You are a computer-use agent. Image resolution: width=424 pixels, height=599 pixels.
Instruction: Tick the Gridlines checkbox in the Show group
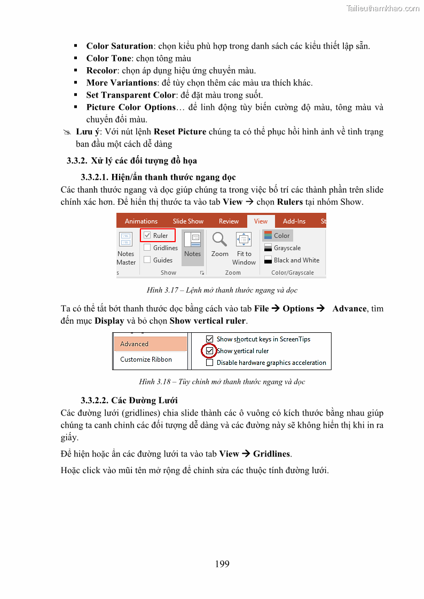pos(147,247)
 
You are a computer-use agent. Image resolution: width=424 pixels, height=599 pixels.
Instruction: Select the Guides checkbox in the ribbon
pos(147,260)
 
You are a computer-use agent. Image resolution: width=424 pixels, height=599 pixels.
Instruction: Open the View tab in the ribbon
pos(261,221)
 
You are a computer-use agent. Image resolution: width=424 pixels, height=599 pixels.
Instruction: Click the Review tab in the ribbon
pos(229,221)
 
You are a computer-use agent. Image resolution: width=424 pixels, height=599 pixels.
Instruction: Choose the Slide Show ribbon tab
pos(188,221)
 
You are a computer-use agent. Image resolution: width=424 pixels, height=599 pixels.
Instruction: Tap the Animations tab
pos(141,221)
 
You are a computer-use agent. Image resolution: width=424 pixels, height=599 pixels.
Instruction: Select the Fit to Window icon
pos(244,239)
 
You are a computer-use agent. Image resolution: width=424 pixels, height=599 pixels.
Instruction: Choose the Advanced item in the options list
pos(135,344)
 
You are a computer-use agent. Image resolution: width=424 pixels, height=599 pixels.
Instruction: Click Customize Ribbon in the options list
pos(146,360)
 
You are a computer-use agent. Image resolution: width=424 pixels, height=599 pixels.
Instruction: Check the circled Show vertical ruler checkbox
pos(209,351)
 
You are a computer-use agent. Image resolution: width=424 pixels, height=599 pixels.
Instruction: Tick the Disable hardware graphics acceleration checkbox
pos(209,363)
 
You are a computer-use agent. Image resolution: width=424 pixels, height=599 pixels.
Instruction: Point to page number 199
pos(222,564)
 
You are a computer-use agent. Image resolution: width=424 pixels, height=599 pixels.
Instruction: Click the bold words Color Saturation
pos(120,46)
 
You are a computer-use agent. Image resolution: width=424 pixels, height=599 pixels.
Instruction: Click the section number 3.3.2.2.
pos(95,401)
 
